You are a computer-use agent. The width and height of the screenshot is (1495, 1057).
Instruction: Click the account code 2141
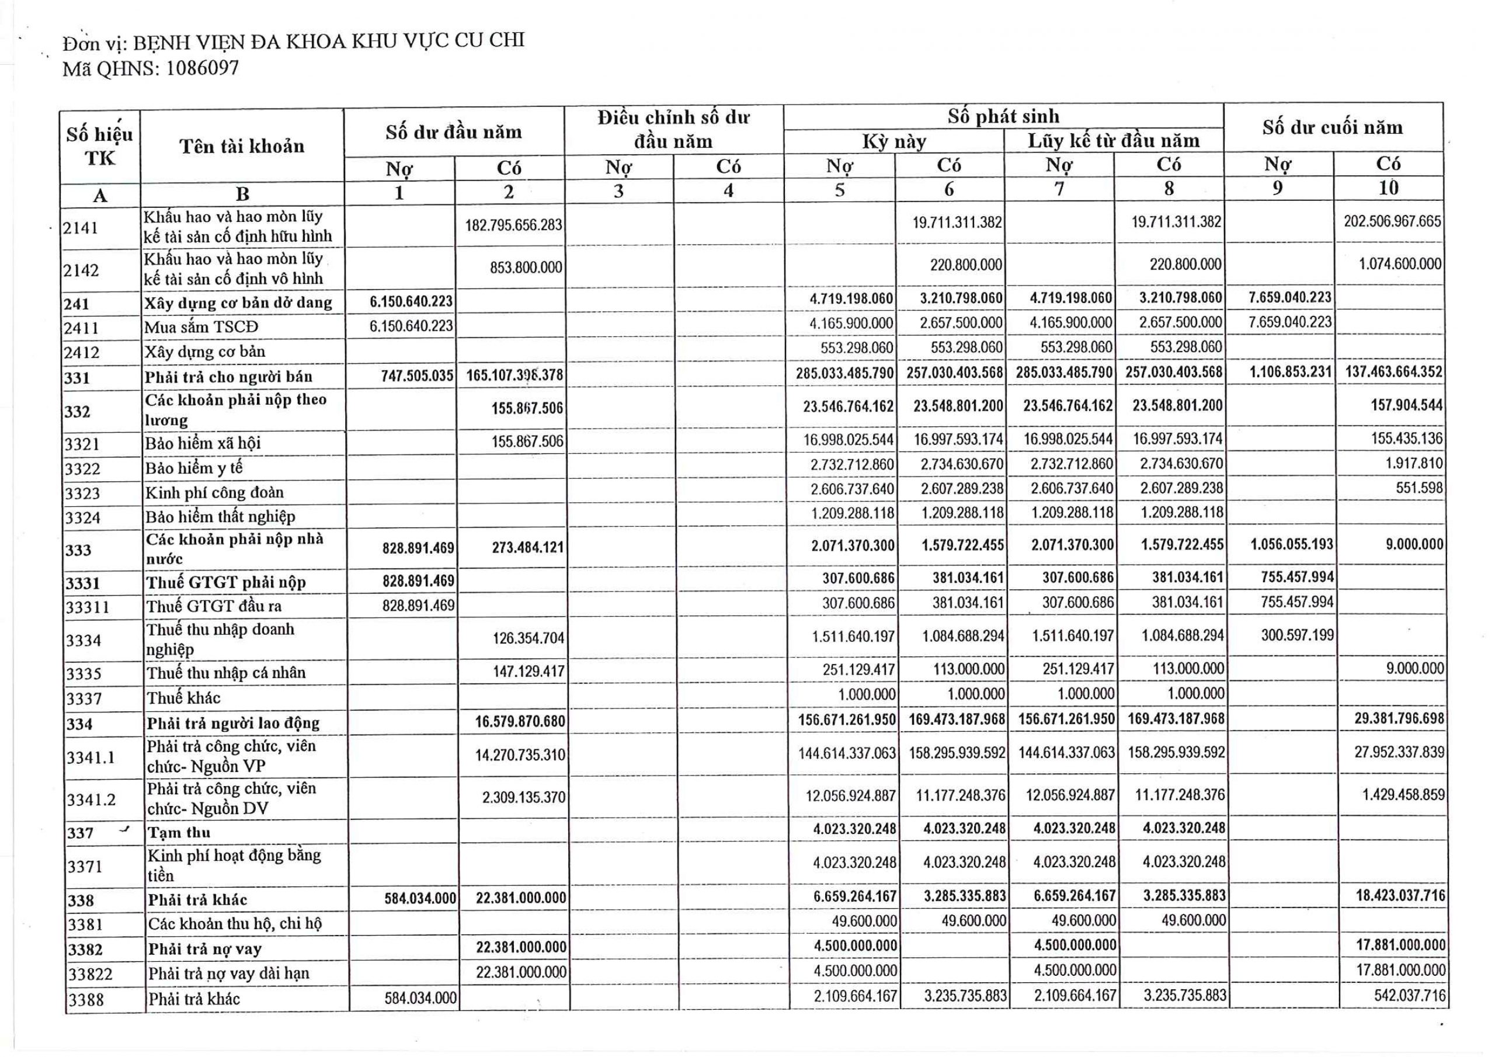click(x=80, y=228)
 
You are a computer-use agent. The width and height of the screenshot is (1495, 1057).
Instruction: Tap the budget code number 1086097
click(x=203, y=68)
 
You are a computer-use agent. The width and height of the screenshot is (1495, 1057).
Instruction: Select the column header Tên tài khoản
click(x=242, y=146)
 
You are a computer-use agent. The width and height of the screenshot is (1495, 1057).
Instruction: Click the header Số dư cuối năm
click(x=1332, y=128)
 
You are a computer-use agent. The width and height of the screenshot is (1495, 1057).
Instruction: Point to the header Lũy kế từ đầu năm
click(x=1114, y=141)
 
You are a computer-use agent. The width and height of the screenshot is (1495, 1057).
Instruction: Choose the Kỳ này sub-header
click(x=894, y=142)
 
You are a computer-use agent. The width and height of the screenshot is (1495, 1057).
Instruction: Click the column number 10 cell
click(x=1388, y=188)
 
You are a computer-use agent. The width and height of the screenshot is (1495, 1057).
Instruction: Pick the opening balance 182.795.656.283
click(x=513, y=225)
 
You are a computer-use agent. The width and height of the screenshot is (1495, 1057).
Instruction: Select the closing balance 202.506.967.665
click(x=1392, y=221)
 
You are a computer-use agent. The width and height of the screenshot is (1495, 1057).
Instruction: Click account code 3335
click(x=84, y=673)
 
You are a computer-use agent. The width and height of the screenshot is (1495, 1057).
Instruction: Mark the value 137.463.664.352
click(x=1393, y=372)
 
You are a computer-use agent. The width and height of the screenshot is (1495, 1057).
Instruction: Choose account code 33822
click(x=90, y=974)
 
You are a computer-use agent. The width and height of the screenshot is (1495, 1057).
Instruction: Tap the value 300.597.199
click(x=1297, y=634)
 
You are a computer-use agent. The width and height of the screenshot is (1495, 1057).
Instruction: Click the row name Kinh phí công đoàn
click(x=215, y=492)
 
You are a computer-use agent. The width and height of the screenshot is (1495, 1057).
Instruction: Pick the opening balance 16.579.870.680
click(x=520, y=722)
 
